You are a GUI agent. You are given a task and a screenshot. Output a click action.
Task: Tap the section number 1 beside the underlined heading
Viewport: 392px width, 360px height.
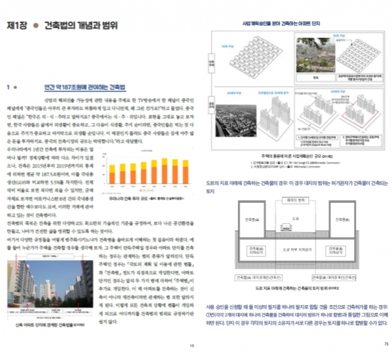coord(7,86)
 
